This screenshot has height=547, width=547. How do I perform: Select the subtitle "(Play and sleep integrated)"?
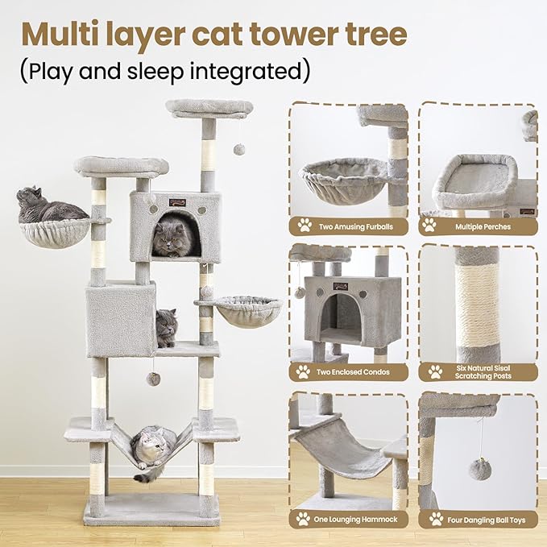tap(164, 70)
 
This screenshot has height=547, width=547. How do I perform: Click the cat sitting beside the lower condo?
tap(166, 327)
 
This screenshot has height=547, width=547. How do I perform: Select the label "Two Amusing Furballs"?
tap(355, 226)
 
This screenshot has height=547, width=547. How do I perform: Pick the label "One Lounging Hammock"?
tap(355, 520)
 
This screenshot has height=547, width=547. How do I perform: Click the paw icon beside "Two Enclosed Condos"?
tap(304, 371)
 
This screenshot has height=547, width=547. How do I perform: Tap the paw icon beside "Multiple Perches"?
tap(433, 226)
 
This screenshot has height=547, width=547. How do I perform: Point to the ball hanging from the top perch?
tap(239, 150)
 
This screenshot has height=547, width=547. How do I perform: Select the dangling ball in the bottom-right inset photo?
tap(481, 469)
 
